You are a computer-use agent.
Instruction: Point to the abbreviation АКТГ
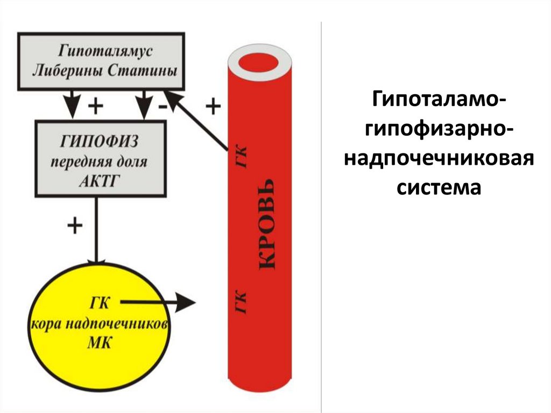click(100, 180)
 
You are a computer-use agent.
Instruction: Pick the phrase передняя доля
click(100, 162)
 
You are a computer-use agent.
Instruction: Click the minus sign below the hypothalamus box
click(162, 107)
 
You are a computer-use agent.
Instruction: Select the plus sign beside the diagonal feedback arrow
click(213, 107)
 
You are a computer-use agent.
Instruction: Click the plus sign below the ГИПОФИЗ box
click(74, 226)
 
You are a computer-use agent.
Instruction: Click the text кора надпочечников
click(100, 324)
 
